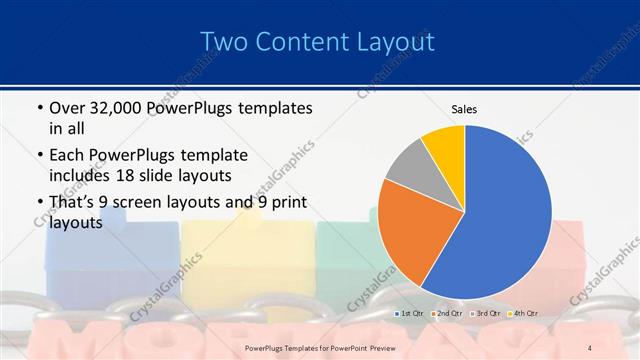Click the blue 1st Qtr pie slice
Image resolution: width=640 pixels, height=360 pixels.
pos(505,215)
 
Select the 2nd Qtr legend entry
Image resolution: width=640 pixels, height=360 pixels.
pos(449,314)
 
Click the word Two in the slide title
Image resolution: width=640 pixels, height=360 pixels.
pos(226,42)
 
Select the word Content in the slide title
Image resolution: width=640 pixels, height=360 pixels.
pos(305,42)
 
